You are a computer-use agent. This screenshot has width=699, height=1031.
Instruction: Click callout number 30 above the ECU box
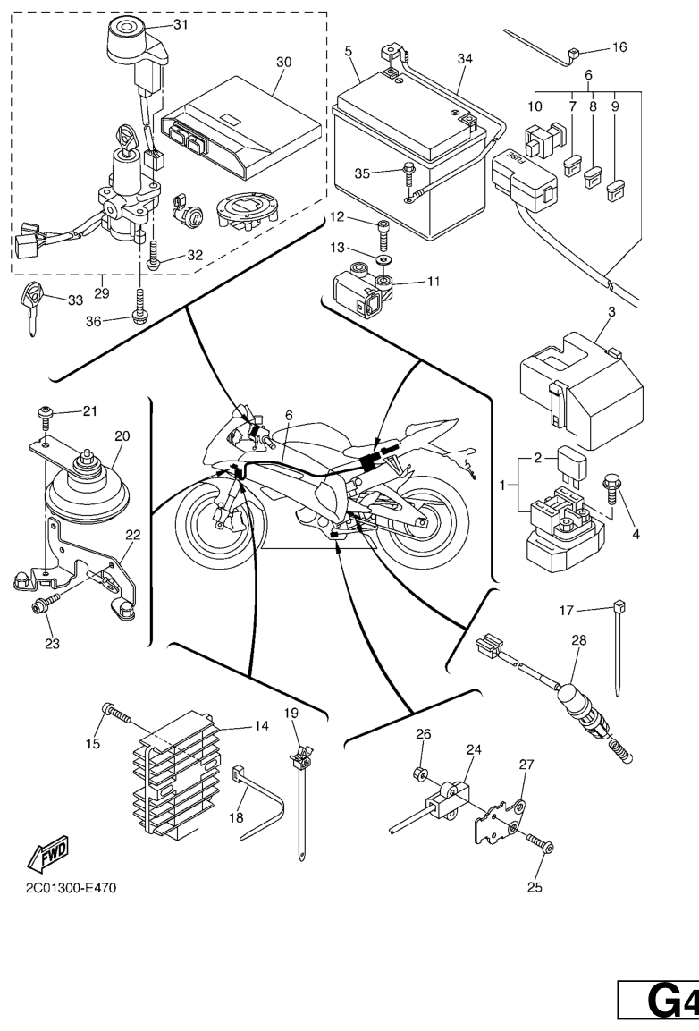(x=284, y=63)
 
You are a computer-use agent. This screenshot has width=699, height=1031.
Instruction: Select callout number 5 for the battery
(x=349, y=52)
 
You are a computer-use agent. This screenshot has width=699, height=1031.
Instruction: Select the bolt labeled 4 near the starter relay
(x=615, y=487)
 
